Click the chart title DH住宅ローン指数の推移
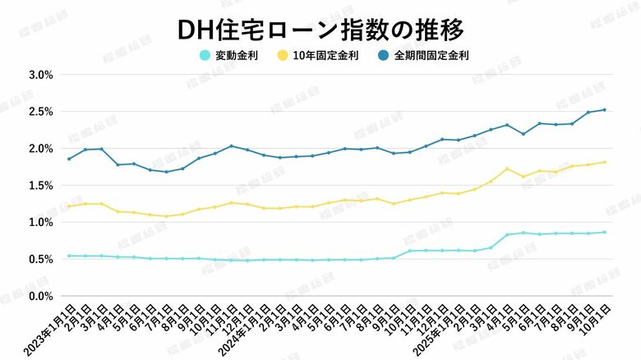point(320,29)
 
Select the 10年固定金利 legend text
point(331,56)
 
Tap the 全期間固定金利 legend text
point(442,56)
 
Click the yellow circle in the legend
point(283,56)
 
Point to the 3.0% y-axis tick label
point(41,74)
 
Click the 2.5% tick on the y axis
point(41,111)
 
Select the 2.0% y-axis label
point(41,148)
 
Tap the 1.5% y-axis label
point(41,185)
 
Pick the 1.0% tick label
point(41,222)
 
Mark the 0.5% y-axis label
point(41,259)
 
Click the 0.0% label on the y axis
point(41,296)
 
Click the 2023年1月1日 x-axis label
point(52,329)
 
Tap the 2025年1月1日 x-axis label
point(440,329)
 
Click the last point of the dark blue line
point(605,109)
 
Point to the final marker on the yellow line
point(605,162)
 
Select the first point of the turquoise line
point(69,256)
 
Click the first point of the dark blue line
point(69,159)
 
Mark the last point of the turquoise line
point(605,232)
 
